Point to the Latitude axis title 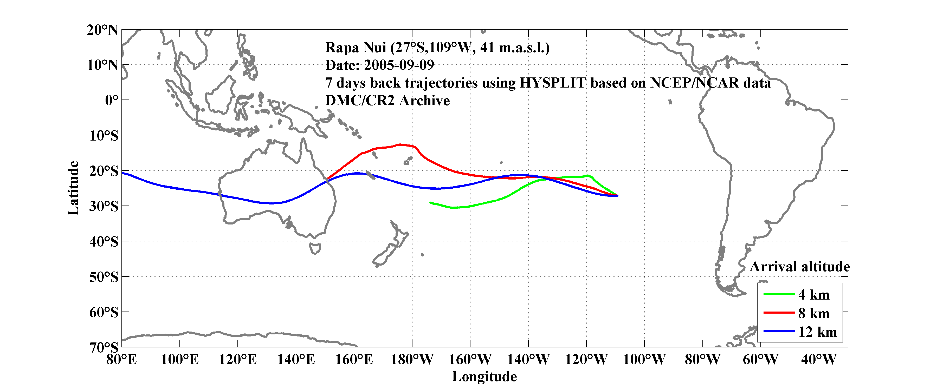click(73, 188)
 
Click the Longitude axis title click(484, 376)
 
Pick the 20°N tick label click(102, 30)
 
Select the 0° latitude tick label click(112, 100)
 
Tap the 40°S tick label click(104, 241)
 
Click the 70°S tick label click(104, 347)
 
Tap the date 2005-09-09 click(399, 65)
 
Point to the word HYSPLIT click(552, 83)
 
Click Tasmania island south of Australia click(315, 249)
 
